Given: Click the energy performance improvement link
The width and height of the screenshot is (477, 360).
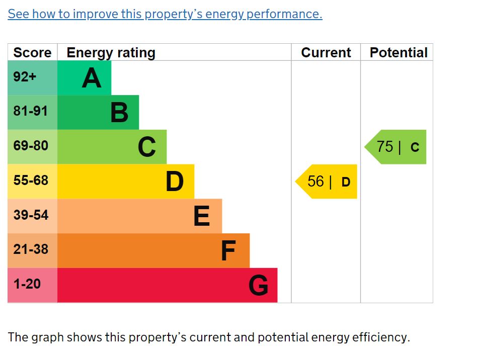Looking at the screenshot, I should [x=165, y=14].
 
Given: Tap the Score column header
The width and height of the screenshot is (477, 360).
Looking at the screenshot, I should [x=32, y=53].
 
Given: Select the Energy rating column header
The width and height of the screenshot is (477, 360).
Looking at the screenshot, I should [x=111, y=53].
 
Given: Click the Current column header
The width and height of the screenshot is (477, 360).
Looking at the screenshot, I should [x=326, y=53].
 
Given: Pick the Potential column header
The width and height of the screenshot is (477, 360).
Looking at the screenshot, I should [x=399, y=53].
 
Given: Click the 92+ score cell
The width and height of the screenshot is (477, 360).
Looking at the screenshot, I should [x=25, y=77].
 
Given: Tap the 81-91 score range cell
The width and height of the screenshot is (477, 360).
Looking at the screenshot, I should [x=31, y=112].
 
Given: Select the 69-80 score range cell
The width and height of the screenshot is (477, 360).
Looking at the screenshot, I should [x=31, y=146].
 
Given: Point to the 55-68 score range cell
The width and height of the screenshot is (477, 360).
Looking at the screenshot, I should [x=31, y=181].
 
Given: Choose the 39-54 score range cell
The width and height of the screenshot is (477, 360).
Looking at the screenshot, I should [x=31, y=215].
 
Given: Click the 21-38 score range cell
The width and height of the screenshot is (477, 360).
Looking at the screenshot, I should [x=31, y=249].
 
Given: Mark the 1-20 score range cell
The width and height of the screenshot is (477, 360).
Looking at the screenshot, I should [x=27, y=284].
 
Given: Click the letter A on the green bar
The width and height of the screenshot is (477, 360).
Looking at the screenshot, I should [x=92, y=78].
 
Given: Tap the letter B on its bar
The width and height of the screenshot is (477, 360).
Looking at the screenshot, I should [x=119, y=113].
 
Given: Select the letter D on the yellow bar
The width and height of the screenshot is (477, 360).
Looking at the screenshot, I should [x=175, y=182].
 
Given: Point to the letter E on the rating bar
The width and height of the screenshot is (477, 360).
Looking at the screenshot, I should [x=202, y=217].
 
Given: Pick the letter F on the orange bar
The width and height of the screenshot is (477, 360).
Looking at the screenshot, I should [x=228, y=251].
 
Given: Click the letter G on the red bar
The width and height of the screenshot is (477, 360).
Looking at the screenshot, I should [x=259, y=286].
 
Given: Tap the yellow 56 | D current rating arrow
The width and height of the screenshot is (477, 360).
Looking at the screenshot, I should [x=327, y=182].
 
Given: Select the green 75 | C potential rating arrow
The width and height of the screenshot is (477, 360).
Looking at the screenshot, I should [x=396, y=147].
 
